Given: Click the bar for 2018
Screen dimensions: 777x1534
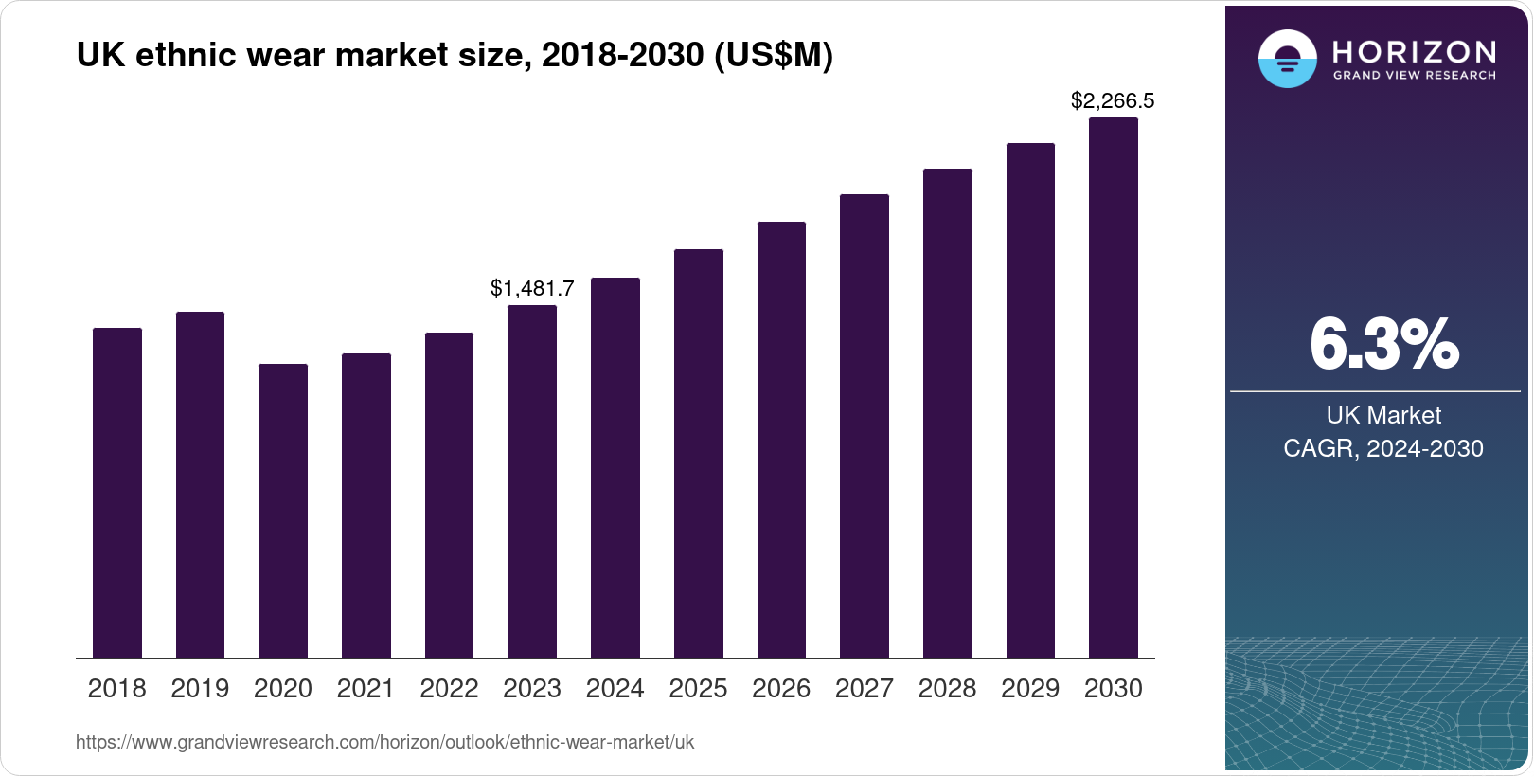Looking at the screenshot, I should click(x=117, y=493).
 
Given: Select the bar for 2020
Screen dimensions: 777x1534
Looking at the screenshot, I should click(x=283, y=511).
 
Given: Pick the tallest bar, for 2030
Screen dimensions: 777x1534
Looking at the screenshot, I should click(x=1114, y=388).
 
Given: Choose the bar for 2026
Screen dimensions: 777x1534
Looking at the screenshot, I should click(x=781, y=440).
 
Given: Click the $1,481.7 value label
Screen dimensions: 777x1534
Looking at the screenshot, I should click(x=532, y=288).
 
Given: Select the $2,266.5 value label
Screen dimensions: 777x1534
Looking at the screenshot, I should click(x=1113, y=100).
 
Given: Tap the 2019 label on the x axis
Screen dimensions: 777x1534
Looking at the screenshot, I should click(x=200, y=689).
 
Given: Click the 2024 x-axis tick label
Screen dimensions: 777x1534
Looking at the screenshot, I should click(x=615, y=689).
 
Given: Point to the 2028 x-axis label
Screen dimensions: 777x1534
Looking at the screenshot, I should click(x=947, y=689).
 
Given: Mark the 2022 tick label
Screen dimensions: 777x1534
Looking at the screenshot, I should click(x=449, y=689).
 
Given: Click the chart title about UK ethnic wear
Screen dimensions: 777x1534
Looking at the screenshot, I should click(x=455, y=55).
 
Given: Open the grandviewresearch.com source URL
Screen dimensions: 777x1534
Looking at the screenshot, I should click(x=384, y=742).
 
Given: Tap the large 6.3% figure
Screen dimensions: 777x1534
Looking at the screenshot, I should click(x=1383, y=344).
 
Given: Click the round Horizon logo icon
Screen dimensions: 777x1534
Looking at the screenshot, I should click(x=1287, y=59).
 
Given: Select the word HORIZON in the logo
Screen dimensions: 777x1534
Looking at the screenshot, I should click(x=1415, y=51).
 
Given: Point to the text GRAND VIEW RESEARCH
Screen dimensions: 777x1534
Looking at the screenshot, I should click(x=1415, y=75).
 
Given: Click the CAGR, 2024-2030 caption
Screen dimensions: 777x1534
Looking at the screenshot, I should click(x=1383, y=448).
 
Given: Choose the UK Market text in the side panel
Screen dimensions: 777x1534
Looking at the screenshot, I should click(x=1383, y=415).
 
